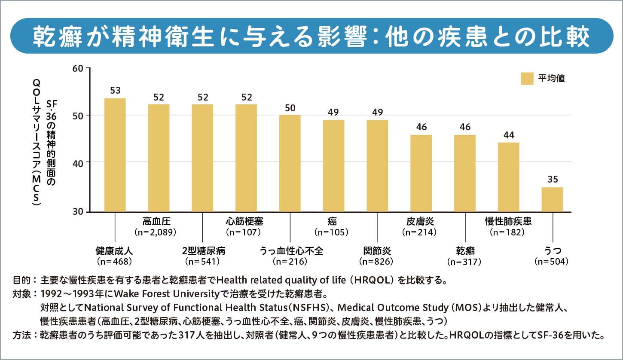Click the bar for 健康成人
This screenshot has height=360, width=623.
click(115, 155)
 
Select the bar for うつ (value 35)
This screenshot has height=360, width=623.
click(552, 199)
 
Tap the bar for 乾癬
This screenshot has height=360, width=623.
click(464, 173)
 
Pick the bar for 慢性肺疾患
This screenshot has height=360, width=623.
click(508, 177)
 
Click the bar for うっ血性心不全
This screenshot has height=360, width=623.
click(290, 163)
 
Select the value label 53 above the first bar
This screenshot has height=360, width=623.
click(115, 90)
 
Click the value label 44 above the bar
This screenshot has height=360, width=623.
click(508, 134)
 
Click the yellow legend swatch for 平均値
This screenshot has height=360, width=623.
click(527, 79)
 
